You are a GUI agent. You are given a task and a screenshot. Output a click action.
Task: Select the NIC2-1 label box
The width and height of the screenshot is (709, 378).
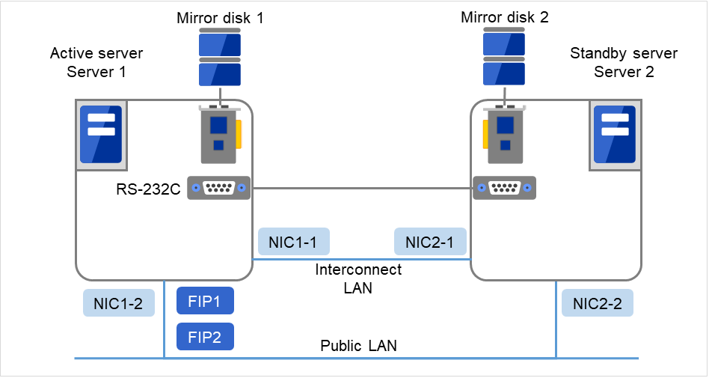[x=430, y=242]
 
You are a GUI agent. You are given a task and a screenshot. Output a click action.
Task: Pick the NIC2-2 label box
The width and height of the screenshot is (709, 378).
[x=597, y=302]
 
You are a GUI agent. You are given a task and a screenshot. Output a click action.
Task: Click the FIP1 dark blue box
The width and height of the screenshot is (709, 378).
[x=205, y=301]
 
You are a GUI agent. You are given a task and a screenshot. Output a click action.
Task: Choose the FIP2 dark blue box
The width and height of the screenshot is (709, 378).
[x=205, y=337]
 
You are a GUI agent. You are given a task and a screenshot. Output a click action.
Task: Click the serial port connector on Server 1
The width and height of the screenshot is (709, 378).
[x=218, y=189]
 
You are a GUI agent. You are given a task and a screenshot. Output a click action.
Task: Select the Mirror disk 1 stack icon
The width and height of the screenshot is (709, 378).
[x=219, y=58]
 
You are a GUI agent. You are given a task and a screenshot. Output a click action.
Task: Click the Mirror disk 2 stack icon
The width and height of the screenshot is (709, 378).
[x=503, y=58]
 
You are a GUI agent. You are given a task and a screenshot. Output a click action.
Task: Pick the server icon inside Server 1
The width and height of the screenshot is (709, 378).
[x=101, y=135]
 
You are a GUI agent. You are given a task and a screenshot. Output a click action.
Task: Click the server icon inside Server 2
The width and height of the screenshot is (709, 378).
[x=614, y=135]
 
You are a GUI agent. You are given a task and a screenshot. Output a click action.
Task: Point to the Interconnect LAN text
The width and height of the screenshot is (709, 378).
[x=358, y=278]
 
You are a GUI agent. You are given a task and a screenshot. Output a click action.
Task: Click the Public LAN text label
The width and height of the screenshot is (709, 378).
[x=358, y=346]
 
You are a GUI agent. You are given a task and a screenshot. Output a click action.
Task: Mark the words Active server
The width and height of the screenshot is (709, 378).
[x=96, y=54]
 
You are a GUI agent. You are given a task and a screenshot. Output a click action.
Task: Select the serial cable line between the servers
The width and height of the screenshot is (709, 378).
[x=359, y=189]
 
